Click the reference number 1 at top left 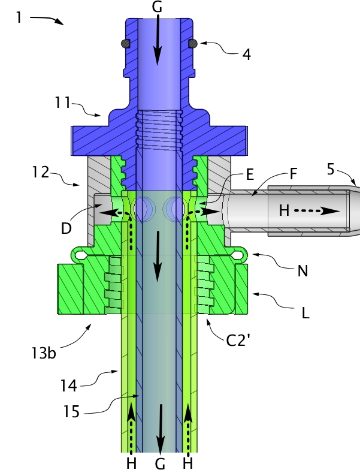[x=19, y=17]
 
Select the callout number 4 [x=246, y=54]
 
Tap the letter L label [x=305, y=313]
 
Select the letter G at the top [x=157, y=7]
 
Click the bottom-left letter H [x=131, y=462]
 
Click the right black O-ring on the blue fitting [x=193, y=43]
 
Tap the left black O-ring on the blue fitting [x=126, y=43]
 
